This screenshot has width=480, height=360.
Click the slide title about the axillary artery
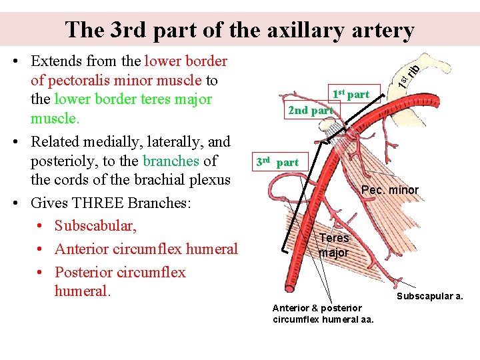(x=240, y=29)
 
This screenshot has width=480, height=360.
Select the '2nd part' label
(x=310, y=110)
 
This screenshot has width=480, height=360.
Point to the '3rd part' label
(x=277, y=162)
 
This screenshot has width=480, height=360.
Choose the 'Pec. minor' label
(x=390, y=190)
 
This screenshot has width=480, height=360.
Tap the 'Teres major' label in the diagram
(x=333, y=245)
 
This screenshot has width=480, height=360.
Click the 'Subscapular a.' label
(x=430, y=296)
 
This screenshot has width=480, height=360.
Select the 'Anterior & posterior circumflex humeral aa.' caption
(x=323, y=313)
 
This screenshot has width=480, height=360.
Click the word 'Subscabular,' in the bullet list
(x=95, y=226)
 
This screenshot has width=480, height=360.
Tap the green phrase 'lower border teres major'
(x=133, y=99)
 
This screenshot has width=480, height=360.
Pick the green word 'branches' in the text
(x=171, y=161)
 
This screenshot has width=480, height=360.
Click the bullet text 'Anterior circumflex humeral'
(x=146, y=249)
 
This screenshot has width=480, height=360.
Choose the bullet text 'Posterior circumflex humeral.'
(x=120, y=281)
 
